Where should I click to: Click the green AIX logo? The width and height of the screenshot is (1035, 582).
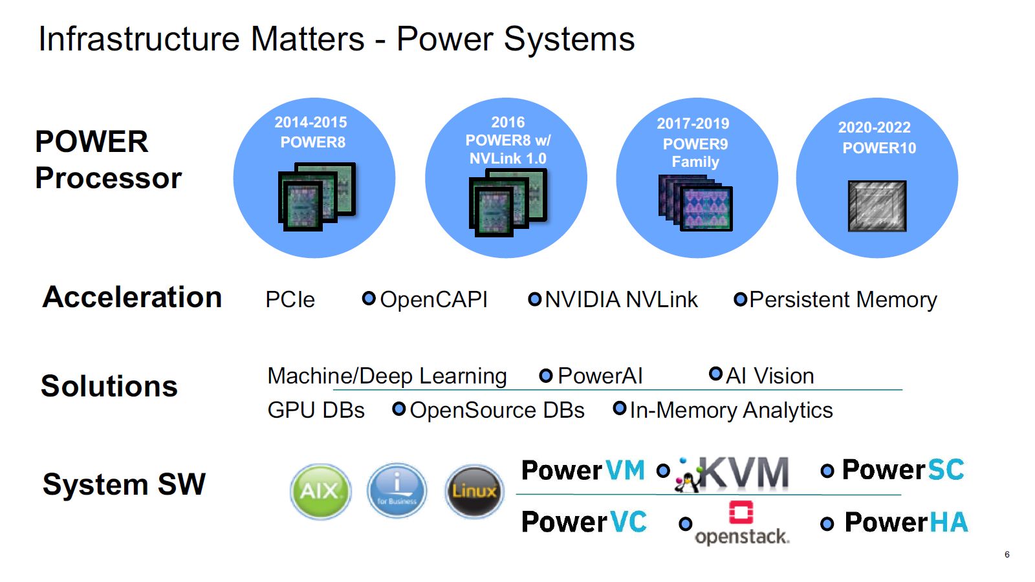point(320,491)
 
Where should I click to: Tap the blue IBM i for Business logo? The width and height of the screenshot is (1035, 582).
point(397,491)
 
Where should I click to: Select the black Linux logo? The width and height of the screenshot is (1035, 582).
point(474,491)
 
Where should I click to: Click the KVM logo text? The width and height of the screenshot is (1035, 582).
point(744,472)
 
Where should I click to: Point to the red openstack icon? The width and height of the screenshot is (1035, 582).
point(741,512)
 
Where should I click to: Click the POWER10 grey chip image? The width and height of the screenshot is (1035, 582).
point(877,206)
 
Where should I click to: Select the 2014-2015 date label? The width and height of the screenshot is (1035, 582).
point(310,122)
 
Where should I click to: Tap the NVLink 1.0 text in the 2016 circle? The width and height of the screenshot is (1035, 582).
point(508,158)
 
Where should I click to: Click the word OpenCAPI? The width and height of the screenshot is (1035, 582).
point(433,299)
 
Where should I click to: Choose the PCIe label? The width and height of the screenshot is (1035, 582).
point(290,299)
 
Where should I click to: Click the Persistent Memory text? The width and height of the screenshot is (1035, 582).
point(843,299)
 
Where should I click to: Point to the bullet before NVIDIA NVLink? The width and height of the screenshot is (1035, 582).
point(535,299)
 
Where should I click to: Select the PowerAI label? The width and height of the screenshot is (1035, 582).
point(600,376)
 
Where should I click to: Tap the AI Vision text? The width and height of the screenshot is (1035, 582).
point(770,376)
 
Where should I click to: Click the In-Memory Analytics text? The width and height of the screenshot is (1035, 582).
point(731,410)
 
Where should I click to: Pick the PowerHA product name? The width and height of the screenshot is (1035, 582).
point(906,523)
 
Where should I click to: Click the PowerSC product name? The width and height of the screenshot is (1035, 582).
point(903,470)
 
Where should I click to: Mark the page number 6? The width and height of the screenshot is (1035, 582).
point(1007,554)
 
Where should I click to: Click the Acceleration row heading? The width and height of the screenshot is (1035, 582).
point(132,297)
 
